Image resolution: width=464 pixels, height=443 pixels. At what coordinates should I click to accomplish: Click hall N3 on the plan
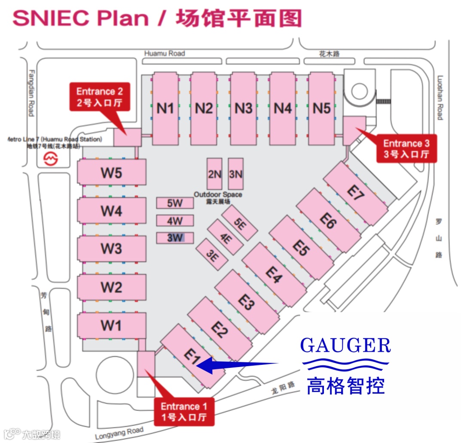[244, 108]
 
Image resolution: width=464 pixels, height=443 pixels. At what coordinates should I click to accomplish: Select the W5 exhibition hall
[111, 173]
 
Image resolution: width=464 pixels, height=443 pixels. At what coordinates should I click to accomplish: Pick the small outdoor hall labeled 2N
[214, 174]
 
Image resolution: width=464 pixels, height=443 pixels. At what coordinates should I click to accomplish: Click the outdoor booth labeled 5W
[175, 203]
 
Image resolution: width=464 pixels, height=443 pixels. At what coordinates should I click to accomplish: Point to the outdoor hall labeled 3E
[212, 255]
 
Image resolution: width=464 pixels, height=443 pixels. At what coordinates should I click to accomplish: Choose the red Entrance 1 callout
[184, 412]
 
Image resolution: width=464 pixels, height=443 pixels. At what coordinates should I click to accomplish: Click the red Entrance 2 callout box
[99, 97]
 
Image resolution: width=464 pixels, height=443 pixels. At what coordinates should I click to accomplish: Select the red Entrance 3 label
[406, 149]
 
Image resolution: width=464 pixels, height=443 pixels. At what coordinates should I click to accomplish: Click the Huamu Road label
[165, 53]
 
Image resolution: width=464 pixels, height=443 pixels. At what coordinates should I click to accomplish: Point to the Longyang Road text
[119, 434]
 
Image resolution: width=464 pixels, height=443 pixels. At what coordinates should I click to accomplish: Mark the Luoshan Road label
[440, 98]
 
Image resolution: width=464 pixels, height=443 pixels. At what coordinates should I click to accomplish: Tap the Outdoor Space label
[217, 195]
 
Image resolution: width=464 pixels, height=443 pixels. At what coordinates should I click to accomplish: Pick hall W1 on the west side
[111, 325]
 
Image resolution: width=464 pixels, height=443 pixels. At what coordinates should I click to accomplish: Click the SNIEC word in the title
[50, 18]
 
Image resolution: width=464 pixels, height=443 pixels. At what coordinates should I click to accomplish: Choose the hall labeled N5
[322, 108]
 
